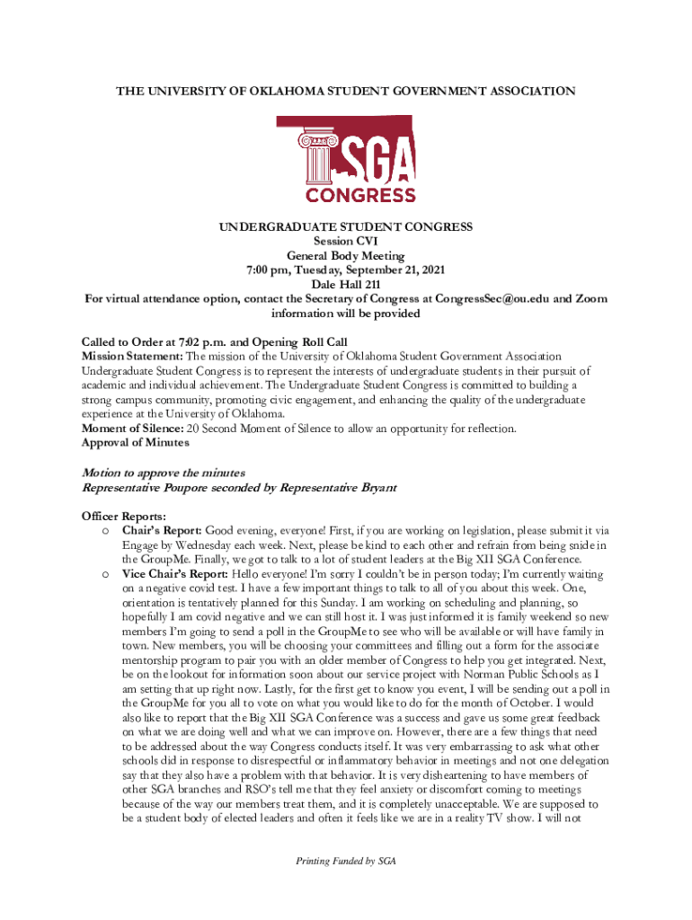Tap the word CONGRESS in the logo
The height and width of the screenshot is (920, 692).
pyautogui.click(x=360, y=195)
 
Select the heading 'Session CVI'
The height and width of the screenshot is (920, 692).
pyautogui.click(x=346, y=242)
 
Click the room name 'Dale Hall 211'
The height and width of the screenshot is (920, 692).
pyautogui.click(x=346, y=285)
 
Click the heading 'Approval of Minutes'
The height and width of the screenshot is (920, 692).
pyautogui.click(x=136, y=443)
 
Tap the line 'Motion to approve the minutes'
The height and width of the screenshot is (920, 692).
pyautogui.click(x=164, y=473)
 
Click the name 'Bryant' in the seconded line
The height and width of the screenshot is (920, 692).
pyautogui.click(x=376, y=488)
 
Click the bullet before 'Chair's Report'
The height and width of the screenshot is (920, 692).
pyautogui.click(x=105, y=532)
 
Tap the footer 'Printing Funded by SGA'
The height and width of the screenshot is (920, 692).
pyautogui.click(x=346, y=861)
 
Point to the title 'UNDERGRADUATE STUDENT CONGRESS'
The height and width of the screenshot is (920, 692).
pyautogui.click(x=346, y=227)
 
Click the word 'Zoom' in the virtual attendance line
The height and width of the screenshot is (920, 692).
pyautogui.click(x=590, y=299)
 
